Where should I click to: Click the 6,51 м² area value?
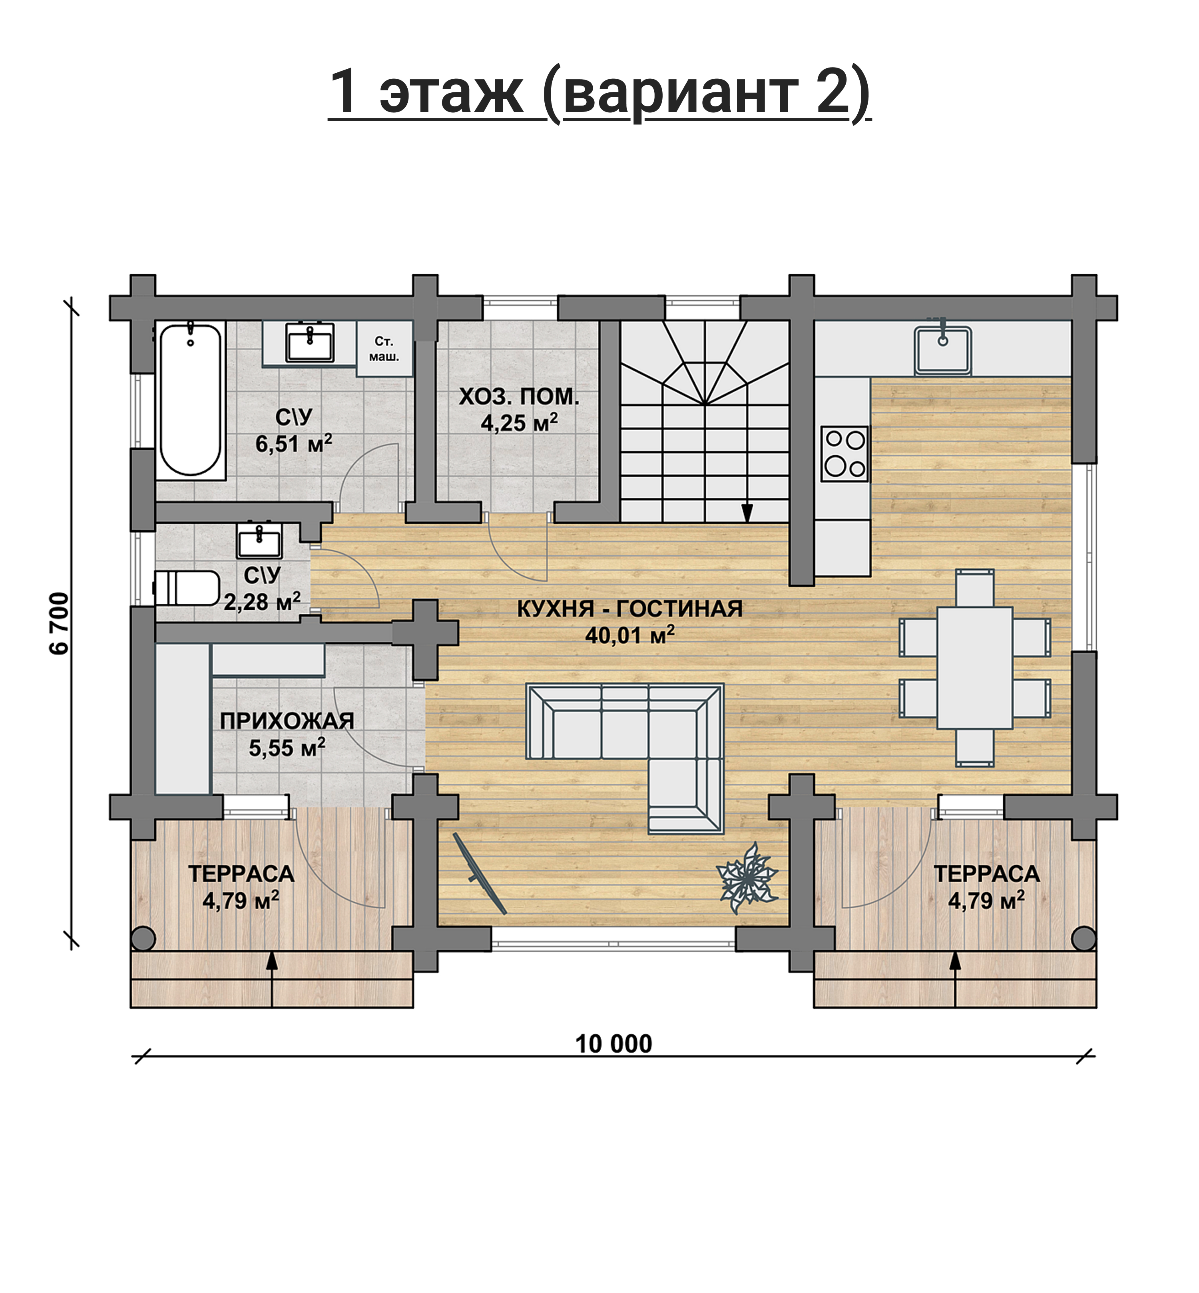(294, 443)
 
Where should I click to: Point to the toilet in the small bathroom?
(187, 587)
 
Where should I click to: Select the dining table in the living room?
(974, 668)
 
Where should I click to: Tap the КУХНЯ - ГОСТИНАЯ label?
(629, 609)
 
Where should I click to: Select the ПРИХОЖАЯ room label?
(287, 720)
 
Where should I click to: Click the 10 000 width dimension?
(614, 1044)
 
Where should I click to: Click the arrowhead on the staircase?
(747, 513)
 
